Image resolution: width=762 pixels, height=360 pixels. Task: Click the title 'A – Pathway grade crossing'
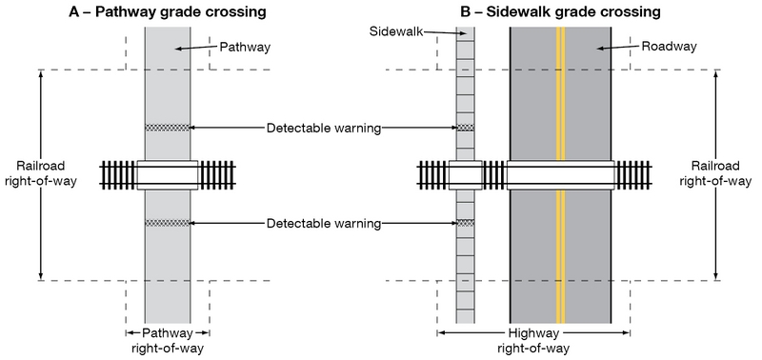coord(167,12)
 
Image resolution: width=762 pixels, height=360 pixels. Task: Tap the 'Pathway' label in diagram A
coord(245,46)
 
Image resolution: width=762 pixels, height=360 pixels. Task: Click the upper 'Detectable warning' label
coord(324,128)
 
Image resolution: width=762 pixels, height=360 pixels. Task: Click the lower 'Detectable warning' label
coord(324,224)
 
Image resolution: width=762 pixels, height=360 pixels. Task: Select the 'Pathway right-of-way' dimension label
coord(167,341)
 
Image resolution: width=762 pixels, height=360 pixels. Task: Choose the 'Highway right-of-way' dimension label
coord(532,341)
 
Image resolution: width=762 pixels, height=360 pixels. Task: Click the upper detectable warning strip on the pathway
coord(167,128)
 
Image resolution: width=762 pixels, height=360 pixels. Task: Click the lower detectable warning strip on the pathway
coord(167,223)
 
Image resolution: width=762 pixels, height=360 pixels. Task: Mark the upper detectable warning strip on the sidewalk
coord(465,128)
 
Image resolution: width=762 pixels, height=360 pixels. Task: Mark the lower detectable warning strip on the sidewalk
coord(465,223)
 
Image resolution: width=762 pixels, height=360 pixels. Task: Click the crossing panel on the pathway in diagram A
coord(167,175)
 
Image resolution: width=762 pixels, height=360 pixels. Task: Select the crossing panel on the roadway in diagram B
coord(560,175)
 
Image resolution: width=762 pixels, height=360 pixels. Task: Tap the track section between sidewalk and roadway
coord(494,175)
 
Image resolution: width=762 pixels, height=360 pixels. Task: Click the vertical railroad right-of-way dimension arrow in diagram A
coord(40,114)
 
